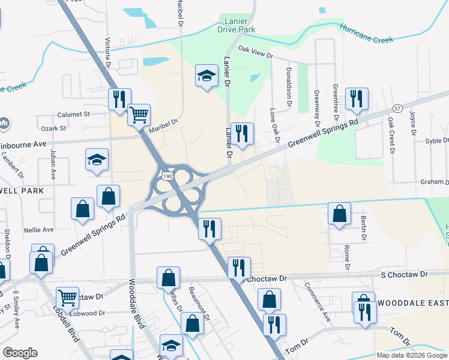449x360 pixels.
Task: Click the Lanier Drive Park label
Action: (240, 25)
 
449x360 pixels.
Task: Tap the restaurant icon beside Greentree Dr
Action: (357, 99)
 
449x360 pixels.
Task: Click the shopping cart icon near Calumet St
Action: (139, 114)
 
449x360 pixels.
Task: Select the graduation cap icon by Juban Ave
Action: (97, 160)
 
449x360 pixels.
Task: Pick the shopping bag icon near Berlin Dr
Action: (340, 214)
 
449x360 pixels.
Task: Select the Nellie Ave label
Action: (39, 229)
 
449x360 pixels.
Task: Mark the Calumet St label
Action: (73, 113)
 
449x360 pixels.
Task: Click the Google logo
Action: (20, 353)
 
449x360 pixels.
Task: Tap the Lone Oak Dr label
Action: (276, 125)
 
